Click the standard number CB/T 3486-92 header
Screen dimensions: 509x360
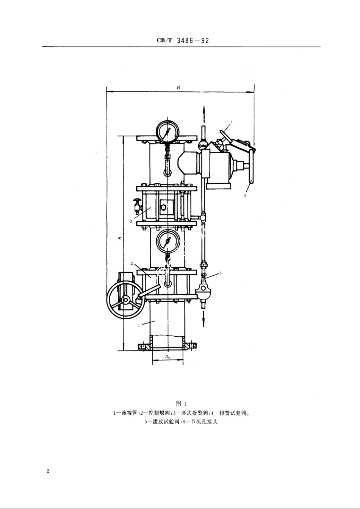(x=183, y=41)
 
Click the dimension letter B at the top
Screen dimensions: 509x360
(x=178, y=88)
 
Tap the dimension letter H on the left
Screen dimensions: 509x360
(x=119, y=238)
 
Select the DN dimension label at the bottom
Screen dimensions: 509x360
(x=167, y=357)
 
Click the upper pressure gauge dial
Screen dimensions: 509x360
(x=167, y=131)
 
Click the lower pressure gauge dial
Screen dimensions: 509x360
(x=167, y=241)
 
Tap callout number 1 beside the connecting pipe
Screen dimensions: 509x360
(x=139, y=325)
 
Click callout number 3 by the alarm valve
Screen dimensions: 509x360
(x=131, y=222)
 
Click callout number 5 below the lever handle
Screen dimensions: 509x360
(x=245, y=196)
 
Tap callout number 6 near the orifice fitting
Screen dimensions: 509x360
(x=220, y=273)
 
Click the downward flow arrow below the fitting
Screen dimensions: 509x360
(x=203, y=320)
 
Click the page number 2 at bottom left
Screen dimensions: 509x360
(x=48, y=471)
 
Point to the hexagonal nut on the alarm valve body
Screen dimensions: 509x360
(x=163, y=207)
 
